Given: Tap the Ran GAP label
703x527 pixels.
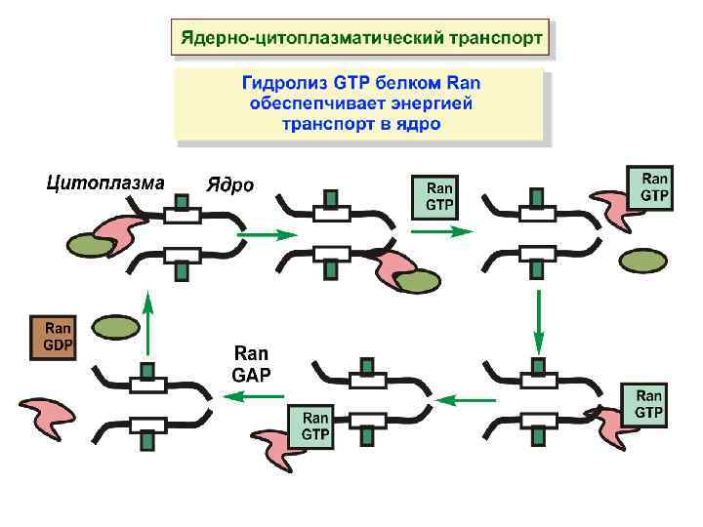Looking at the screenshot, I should (x=251, y=363).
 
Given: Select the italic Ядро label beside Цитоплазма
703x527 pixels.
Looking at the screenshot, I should (x=229, y=185).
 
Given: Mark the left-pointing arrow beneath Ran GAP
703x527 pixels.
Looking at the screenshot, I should (x=252, y=395).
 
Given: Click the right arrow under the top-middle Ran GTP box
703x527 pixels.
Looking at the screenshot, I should (x=442, y=232).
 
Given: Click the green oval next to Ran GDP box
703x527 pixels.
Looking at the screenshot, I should (x=116, y=326).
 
